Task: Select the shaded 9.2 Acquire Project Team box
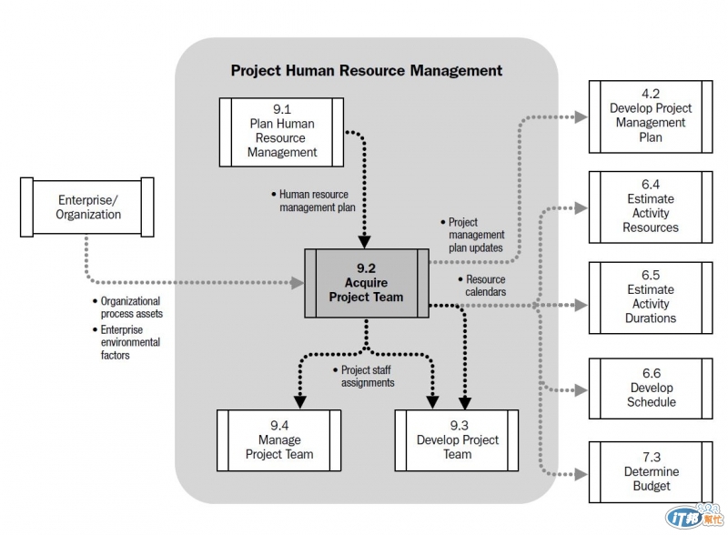(x=366, y=283)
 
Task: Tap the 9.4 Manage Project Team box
(x=279, y=439)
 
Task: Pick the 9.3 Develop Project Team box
(x=457, y=439)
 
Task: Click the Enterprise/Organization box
(x=88, y=207)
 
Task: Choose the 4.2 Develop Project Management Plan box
(x=650, y=116)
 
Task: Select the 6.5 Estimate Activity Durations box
(x=650, y=297)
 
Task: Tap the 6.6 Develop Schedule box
(x=650, y=389)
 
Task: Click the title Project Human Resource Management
(x=366, y=70)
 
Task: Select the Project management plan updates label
(x=475, y=235)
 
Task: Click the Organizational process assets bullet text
(x=129, y=307)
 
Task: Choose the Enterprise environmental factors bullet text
(x=129, y=342)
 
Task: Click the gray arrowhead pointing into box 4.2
(x=580, y=116)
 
